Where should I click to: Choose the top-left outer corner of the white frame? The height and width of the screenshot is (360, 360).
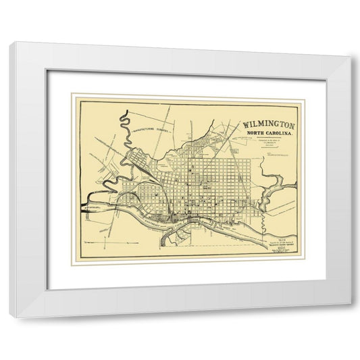tap(9, 43)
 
